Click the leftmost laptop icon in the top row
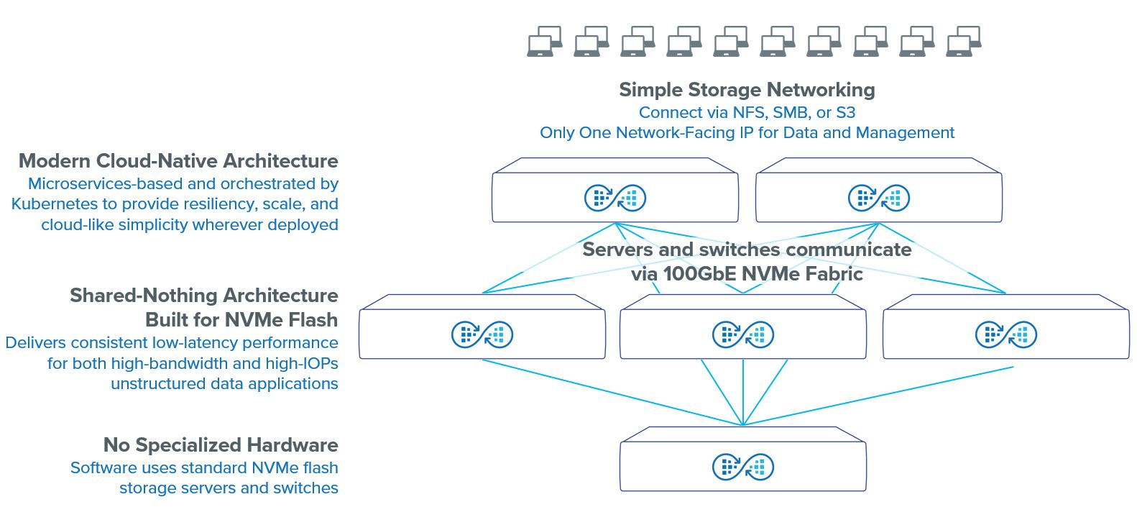[544, 42]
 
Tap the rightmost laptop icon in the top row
[964, 42]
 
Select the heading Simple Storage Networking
[747, 90]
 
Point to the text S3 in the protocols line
[845, 113]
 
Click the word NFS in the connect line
[750, 113]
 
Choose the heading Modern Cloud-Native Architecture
[178, 161]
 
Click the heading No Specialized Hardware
[221, 445]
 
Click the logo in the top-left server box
[615, 198]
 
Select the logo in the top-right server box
[878, 198]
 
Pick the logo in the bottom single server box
[742, 467]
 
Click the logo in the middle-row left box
[482, 334]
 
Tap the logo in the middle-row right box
[1005, 334]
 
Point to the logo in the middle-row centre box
[742, 334]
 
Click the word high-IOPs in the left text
[302, 364]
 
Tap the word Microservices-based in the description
[106, 184]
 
